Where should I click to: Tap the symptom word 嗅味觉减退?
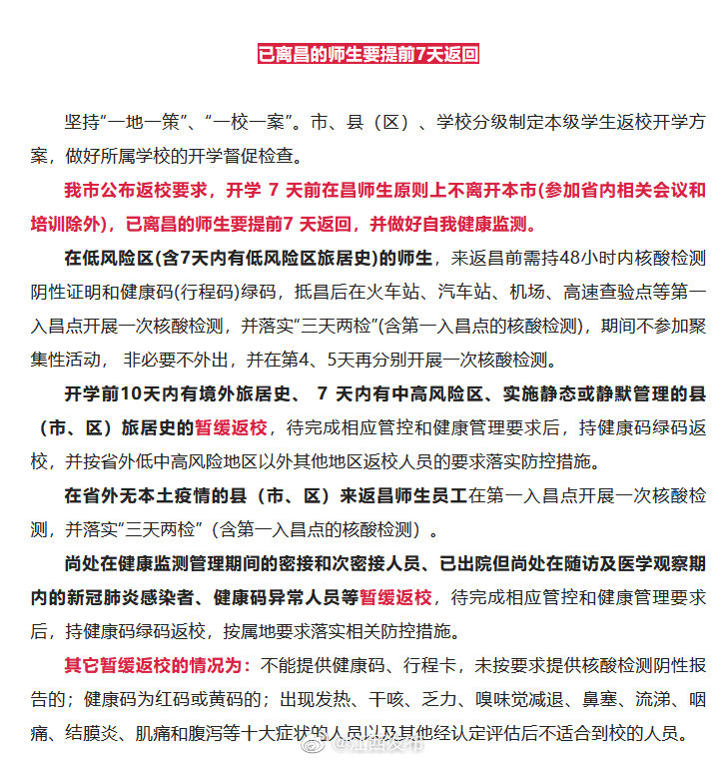tap(529, 699)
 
